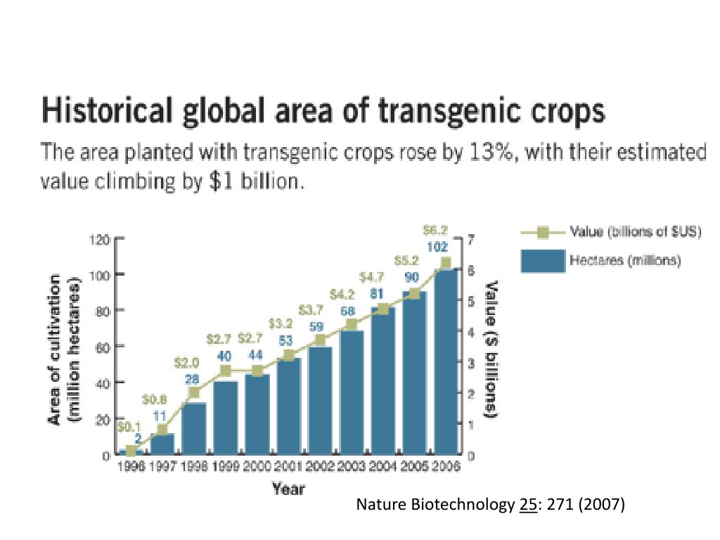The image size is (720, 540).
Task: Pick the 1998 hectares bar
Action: coord(193,428)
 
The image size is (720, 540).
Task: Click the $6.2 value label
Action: coord(437,229)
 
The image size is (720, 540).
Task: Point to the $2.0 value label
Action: coord(187,364)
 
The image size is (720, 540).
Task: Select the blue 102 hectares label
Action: coord(438,247)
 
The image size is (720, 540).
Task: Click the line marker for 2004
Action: coord(383,309)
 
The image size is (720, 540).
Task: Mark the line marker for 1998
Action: coord(194,392)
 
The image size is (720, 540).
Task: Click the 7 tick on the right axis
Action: coord(469,239)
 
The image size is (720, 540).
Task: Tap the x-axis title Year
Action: coord(288,489)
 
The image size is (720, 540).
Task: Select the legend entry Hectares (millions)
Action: coord(625,260)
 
